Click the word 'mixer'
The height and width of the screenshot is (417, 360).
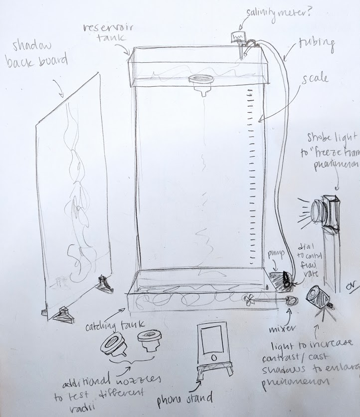click(x=281, y=329)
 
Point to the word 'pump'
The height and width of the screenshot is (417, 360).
click(x=275, y=254)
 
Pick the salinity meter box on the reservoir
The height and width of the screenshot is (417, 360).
click(x=238, y=36)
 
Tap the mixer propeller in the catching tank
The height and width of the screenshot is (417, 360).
click(x=249, y=299)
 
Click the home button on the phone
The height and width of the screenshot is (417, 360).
click(x=213, y=358)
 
